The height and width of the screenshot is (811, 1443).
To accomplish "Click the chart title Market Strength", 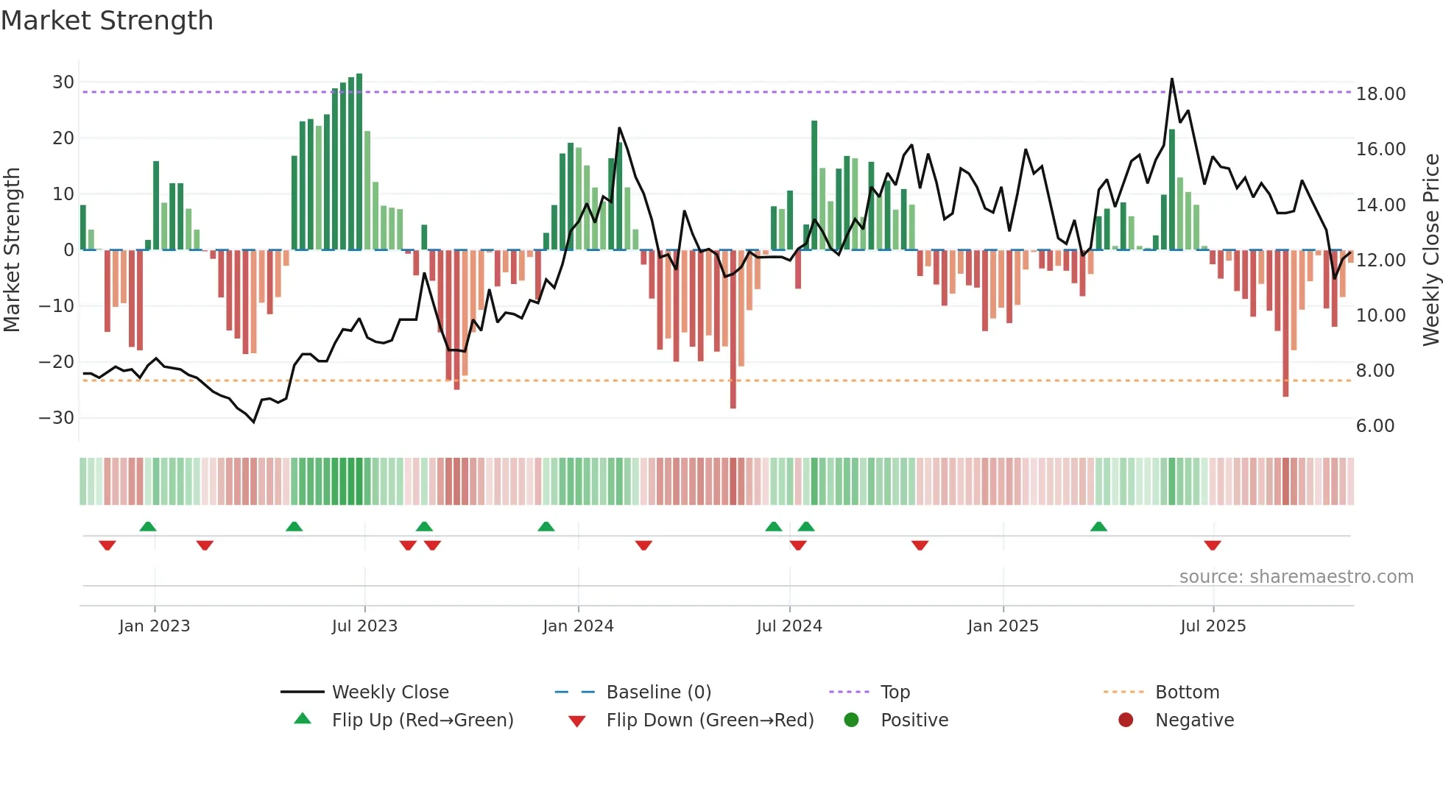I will tap(107, 21).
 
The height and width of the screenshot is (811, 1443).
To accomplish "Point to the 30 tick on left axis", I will tap(63, 82).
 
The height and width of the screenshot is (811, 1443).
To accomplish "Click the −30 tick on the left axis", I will tap(57, 418).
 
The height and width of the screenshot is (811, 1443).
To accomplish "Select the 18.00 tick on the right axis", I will tap(1380, 94).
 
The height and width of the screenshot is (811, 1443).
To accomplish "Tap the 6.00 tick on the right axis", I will tap(1375, 426).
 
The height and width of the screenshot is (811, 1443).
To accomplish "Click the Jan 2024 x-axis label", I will tap(578, 626).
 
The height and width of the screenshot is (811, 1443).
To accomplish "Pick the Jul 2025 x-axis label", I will tap(1213, 626).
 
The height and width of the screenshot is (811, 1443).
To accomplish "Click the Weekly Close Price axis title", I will tap(1430, 250).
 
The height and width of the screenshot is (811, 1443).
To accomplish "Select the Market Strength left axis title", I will tap(12, 250).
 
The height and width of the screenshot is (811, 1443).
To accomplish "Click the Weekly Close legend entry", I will tap(389, 693).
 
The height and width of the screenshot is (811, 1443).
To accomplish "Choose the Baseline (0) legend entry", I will tap(658, 693).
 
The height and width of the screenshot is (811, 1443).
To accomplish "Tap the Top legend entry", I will tap(895, 693).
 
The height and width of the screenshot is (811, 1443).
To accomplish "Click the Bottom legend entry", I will tap(1187, 693).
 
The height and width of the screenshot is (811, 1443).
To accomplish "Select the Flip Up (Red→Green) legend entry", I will tap(422, 720).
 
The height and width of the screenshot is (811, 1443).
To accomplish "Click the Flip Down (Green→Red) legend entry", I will tap(710, 720).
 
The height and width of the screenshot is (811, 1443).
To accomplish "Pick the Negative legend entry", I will tap(1194, 720).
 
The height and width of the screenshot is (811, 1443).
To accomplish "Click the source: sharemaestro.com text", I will tap(1296, 577).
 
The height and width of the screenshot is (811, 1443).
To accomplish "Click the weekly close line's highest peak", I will tap(1171, 79).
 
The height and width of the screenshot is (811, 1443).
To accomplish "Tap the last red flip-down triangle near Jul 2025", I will tap(1213, 545).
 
